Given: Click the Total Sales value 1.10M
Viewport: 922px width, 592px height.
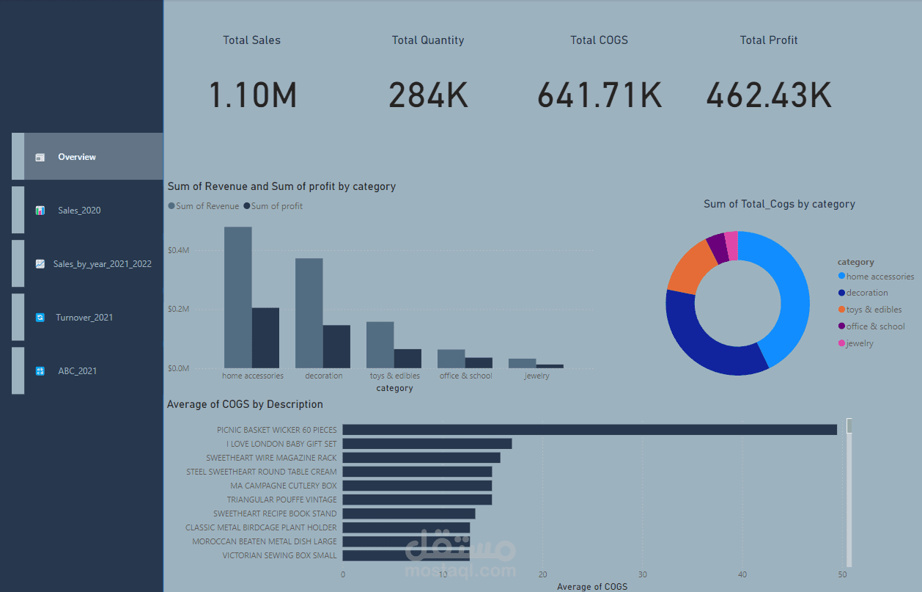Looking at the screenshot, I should (x=253, y=95).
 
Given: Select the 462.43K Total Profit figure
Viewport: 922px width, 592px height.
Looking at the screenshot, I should (x=769, y=95).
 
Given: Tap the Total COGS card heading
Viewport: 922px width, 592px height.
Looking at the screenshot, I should (x=599, y=40).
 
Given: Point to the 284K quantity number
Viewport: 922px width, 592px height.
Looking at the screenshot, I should (x=428, y=95).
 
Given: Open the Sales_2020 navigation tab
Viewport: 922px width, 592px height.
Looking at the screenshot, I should (x=79, y=211).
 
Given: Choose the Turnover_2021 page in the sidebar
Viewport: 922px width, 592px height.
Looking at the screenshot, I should (x=84, y=318).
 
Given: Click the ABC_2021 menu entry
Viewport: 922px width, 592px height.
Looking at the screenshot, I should (x=77, y=371).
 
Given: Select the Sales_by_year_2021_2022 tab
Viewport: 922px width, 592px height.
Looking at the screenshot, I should (x=102, y=264).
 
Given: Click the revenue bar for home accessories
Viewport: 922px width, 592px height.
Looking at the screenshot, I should (x=237, y=297).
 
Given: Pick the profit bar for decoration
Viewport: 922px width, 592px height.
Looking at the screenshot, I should (x=336, y=346).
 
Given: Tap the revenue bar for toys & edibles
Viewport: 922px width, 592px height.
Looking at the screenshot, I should (x=380, y=345).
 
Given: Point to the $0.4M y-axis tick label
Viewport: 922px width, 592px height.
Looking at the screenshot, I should (x=179, y=250).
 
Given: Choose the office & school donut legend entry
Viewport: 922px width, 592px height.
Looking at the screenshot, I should (x=875, y=326).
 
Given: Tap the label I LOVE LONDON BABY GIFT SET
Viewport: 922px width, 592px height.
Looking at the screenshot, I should (x=281, y=444).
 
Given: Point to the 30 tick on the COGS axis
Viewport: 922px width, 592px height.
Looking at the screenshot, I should (x=643, y=574).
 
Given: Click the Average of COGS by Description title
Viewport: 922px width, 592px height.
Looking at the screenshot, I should (x=245, y=404).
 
